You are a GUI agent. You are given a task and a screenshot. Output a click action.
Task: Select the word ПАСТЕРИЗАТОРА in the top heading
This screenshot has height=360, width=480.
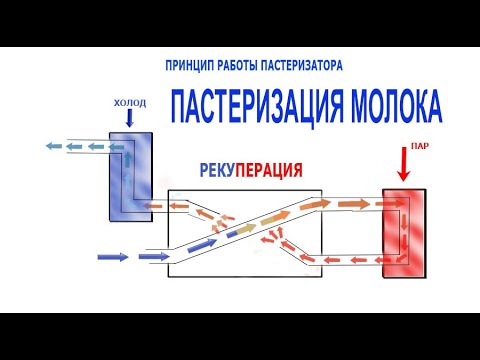click(x=300, y=65)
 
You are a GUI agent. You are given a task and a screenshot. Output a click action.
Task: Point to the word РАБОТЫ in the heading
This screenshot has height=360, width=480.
click(x=239, y=65)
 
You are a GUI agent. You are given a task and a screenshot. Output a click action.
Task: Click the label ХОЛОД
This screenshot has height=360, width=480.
click(x=130, y=100)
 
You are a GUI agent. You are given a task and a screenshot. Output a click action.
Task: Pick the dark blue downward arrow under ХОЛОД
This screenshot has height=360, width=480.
click(x=130, y=119)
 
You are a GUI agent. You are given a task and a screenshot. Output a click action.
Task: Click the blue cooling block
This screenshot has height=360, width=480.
click(x=130, y=175)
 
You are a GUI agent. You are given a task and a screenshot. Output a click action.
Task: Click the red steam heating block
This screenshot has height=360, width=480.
click(x=405, y=232)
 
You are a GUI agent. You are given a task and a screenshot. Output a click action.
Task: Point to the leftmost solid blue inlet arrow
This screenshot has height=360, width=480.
click(x=113, y=257)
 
